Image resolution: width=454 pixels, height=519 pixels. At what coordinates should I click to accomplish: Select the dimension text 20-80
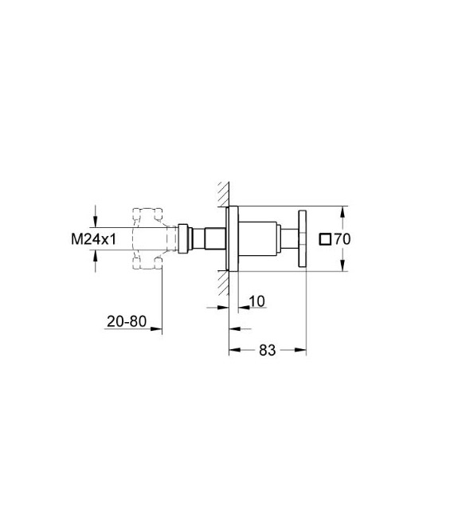[x=126, y=322]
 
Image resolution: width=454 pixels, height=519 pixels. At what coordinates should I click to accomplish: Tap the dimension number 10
[x=257, y=301]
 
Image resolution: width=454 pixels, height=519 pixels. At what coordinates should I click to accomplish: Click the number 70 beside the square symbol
[x=343, y=238]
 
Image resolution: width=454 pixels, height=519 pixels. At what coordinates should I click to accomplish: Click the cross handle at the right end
[x=302, y=238]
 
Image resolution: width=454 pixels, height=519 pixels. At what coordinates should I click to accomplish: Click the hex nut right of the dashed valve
[x=186, y=238]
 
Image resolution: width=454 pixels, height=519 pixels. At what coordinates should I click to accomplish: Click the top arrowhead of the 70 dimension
[x=343, y=212]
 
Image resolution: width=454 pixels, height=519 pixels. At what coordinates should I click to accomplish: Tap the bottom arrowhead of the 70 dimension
[x=343, y=266]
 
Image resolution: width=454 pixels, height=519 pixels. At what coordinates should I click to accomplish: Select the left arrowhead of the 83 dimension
[x=233, y=348]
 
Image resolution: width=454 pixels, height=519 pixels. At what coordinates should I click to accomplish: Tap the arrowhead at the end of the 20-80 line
[x=159, y=327]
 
